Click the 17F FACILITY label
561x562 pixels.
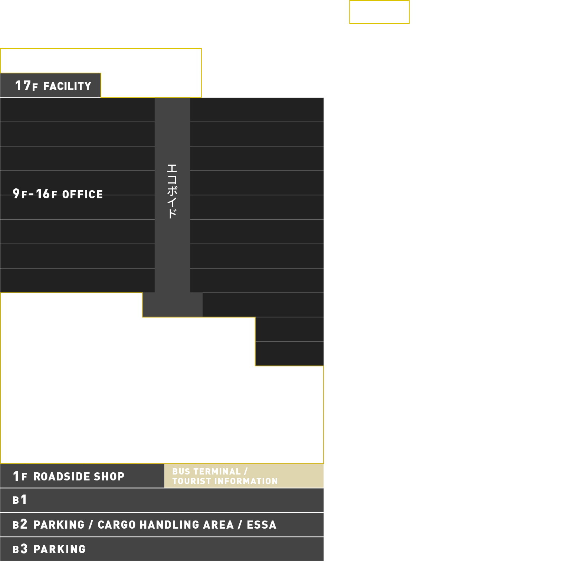pyautogui.click(x=53, y=86)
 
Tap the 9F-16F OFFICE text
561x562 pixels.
pyautogui.click(x=58, y=194)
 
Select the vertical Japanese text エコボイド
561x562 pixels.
pyautogui.click(x=172, y=191)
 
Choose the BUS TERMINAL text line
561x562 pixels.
pyautogui.click(x=210, y=472)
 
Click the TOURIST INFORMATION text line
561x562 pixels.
pyautogui.click(x=225, y=481)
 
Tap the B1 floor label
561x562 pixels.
pyautogui.click(x=20, y=500)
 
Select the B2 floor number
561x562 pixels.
pyautogui.click(x=20, y=525)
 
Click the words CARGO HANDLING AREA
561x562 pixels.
pyautogui.click(x=166, y=525)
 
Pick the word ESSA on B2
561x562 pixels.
pyautogui.click(x=262, y=525)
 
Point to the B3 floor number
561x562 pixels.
pyautogui.click(x=20, y=549)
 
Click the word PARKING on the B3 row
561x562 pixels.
pyautogui.click(x=60, y=549)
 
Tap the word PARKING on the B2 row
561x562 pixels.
pyautogui.click(x=59, y=525)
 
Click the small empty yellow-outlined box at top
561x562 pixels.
pyautogui.click(x=379, y=1)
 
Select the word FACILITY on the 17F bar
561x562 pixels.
pyautogui.click(x=67, y=86)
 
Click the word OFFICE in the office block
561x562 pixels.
pyautogui.click(x=82, y=194)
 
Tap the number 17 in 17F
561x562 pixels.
pyautogui.click(x=23, y=86)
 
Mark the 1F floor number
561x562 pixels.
pyautogui.click(x=20, y=476)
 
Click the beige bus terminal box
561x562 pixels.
pyautogui.click(x=244, y=476)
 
